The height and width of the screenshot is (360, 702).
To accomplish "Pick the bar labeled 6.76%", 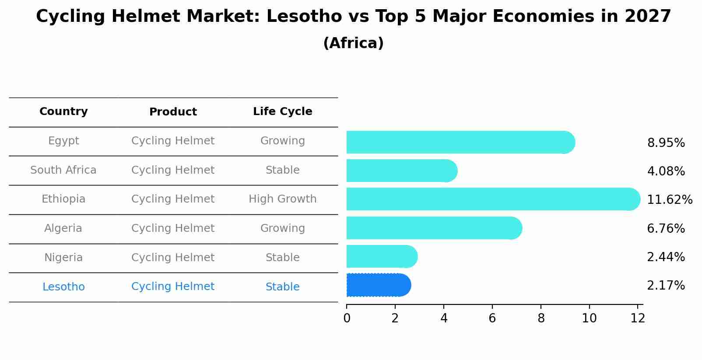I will click(x=434, y=228).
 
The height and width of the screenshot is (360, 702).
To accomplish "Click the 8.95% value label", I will click(x=666, y=143).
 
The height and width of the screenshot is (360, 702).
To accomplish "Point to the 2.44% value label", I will click(x=666, y=257).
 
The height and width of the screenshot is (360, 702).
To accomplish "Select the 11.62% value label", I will click(x=669, y=200).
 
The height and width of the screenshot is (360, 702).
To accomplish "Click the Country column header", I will click(x=63, y=112).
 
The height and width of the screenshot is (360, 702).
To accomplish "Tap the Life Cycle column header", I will click(x=282, y=112).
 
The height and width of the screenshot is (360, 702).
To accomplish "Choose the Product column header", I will click(x=173, y=112).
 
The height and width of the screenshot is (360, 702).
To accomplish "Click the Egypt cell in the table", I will click(x=63, y=141).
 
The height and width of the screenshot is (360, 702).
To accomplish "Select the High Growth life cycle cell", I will click(x=282, y=199).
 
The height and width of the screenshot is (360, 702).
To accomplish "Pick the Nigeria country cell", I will click(x=63, y=258).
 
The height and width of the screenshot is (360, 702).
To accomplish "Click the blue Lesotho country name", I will click(x=63, y=287).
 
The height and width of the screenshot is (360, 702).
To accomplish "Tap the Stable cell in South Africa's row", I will click(x=282, y=170).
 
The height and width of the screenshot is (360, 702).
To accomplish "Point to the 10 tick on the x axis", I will click(x=589, y=318).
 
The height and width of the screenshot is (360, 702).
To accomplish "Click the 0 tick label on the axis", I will click(x=347, y=318).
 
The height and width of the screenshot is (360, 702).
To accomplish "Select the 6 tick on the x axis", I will click(x=492, y=318).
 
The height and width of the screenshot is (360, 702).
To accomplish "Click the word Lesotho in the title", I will click(x=304, y=17).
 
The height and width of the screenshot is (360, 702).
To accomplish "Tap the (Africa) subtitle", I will click(x=353, y=43).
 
